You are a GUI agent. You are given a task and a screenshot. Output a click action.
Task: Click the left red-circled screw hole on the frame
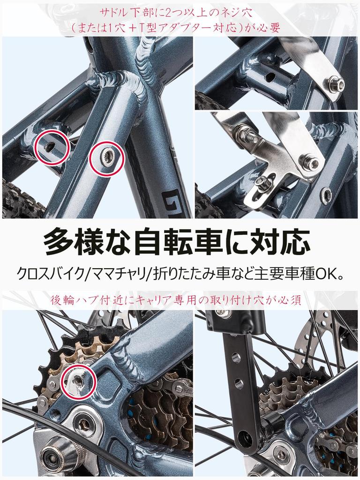coord(51,147)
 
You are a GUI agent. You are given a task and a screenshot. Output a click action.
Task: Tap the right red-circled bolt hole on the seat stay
coord(106,160)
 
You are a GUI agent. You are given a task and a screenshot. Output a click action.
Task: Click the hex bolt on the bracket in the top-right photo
coord(336,85)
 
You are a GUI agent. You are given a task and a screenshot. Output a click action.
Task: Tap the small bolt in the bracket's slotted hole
coord(262,184)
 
